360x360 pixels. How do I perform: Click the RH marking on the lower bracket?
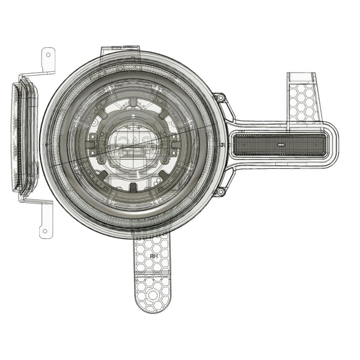[152, 255]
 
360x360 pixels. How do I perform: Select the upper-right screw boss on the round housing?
[219, 98]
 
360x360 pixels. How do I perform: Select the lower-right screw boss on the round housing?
[219, 192]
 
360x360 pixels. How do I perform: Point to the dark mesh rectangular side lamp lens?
[279, 145]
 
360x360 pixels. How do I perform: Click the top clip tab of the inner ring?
[132, 99]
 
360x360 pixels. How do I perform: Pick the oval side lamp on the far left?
[24, 138]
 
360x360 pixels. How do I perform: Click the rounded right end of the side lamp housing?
[331, 145]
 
